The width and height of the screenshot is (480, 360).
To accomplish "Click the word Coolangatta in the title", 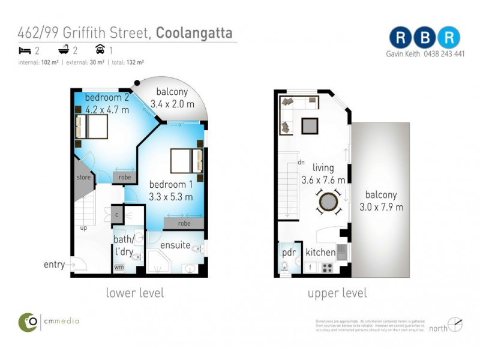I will coord(194,32).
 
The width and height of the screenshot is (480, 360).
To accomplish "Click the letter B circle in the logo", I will coord(425,37).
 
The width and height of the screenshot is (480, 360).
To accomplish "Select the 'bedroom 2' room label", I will coord(107,98).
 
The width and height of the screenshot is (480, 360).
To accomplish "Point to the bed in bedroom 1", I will coord(187,161).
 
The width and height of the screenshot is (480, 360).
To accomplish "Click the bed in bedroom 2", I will coord(91,127).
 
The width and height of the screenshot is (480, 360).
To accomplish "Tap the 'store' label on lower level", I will coord(83,178).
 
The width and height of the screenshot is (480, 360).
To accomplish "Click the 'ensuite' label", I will coord(175,245).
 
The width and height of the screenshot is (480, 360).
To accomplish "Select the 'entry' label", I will coord(54,264).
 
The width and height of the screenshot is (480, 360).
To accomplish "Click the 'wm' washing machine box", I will coord(119,267).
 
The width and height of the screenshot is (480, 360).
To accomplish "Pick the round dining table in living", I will coord(329,202).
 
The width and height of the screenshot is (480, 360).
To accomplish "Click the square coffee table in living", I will coord(310,126).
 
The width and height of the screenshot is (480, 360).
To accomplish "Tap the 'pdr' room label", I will coord(289,252).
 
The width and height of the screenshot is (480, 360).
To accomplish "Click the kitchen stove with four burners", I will coord(327,268).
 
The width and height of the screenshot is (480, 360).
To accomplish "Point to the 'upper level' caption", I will coord(337,293).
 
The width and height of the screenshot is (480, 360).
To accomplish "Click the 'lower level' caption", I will coord(134,293).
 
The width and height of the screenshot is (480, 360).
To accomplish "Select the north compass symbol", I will coord(455,325).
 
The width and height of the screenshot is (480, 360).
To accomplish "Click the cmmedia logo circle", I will coord(28,322).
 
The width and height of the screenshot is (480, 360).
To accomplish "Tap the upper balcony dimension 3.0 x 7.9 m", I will coord(382,207).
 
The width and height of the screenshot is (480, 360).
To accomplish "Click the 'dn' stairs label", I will coord(302,162).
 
